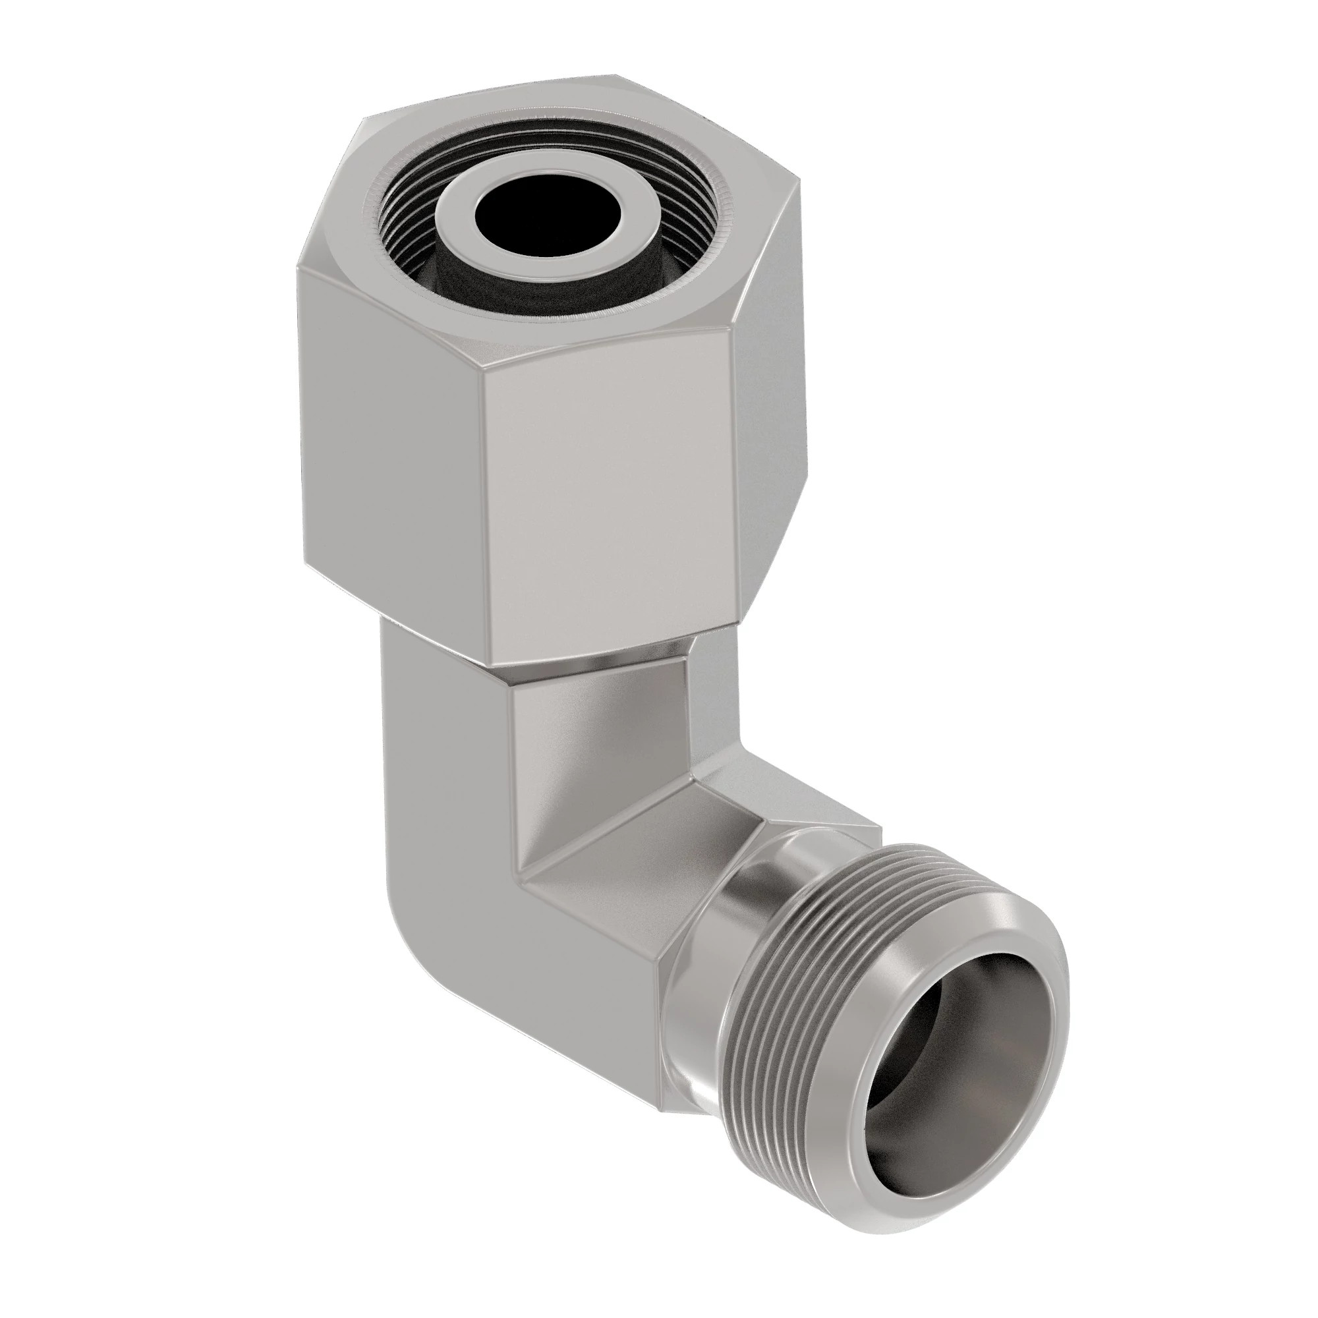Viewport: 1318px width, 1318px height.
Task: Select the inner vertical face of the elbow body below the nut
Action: pos(594,764)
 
